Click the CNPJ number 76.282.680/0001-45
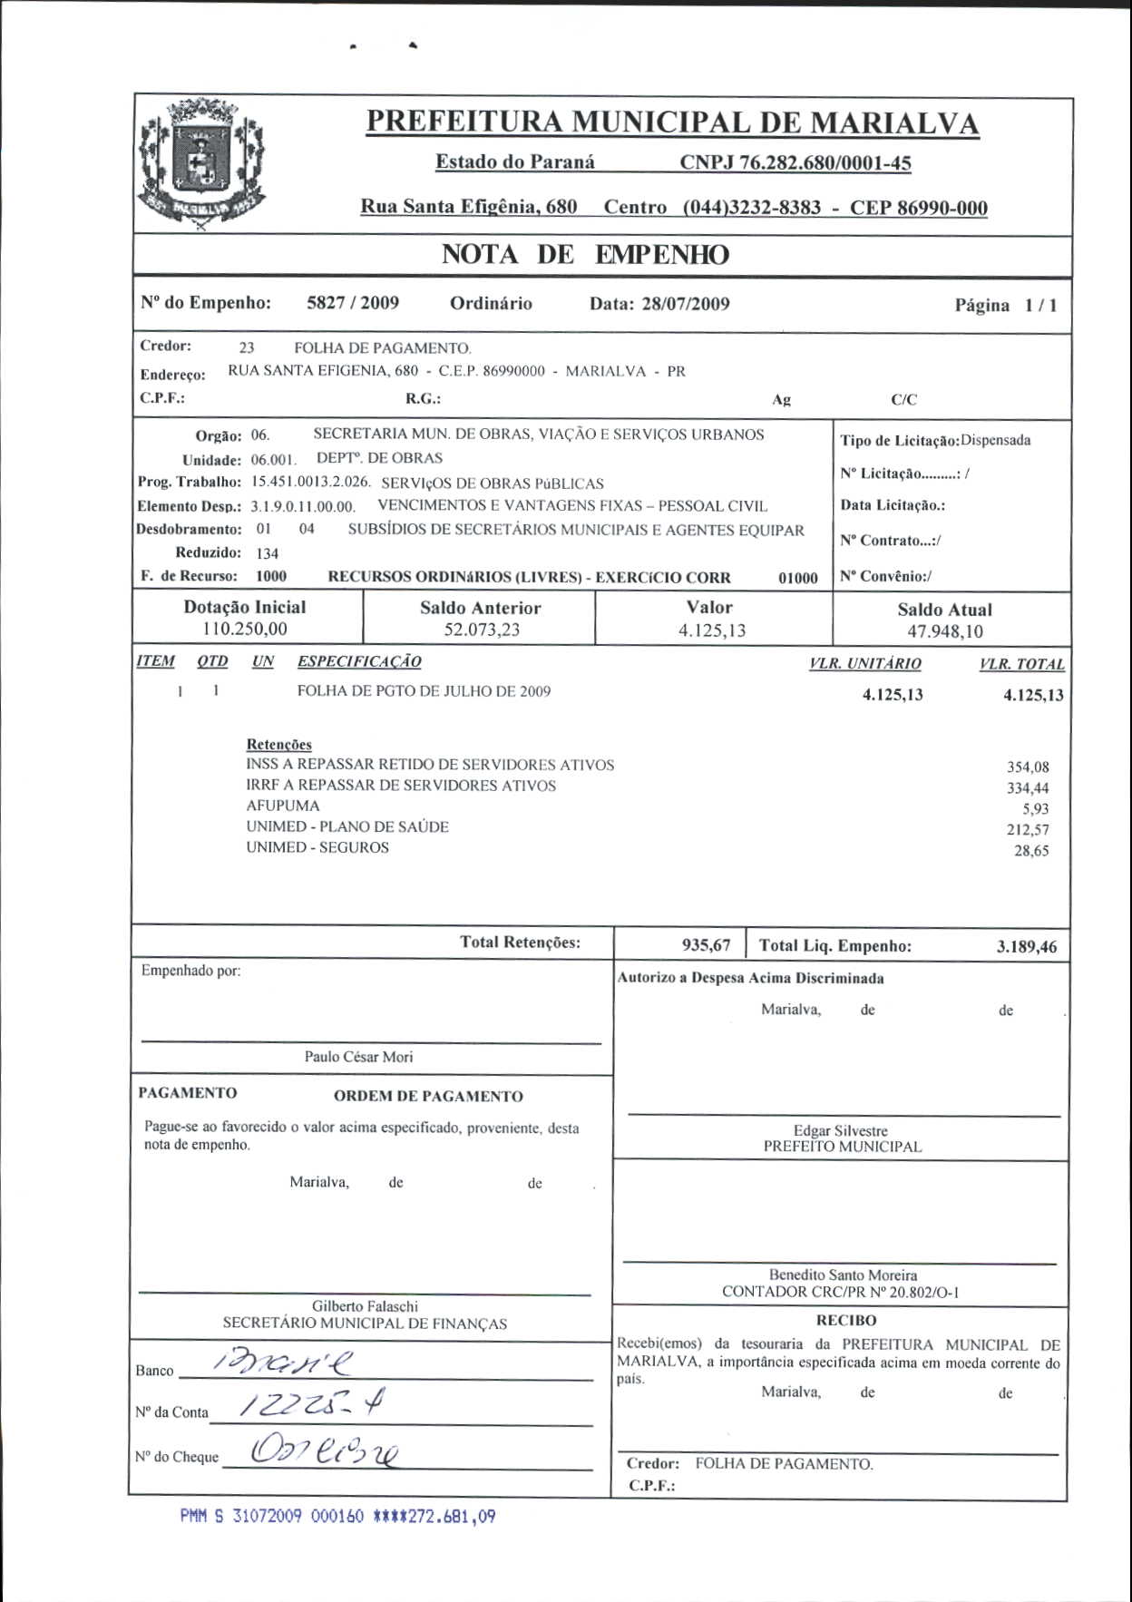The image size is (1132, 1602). tap(795, 163)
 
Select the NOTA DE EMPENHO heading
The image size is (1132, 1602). tap(585, 255)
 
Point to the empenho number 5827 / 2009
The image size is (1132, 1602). tap(353, 303)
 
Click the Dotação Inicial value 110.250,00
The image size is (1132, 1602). tap(244, 630)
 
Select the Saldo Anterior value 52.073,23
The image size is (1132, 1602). tap(482, 630)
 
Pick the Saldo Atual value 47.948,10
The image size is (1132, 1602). tap(945, 632)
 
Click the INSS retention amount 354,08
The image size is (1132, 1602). tap(1027, 767)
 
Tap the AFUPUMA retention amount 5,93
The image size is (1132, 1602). tap(1035, 809)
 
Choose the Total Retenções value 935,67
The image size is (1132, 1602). tap(706, 945)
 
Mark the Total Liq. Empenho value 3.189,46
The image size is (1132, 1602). tap(1026, 947)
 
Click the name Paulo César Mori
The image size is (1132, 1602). tap(358, 1057)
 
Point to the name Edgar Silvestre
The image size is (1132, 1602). tap(840, 1130)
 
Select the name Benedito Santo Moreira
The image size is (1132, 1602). tap(843, 1275)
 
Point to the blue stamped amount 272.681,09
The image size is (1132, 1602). tap(451, 1517)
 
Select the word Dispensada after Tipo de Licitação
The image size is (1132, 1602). tap(995, 441)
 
